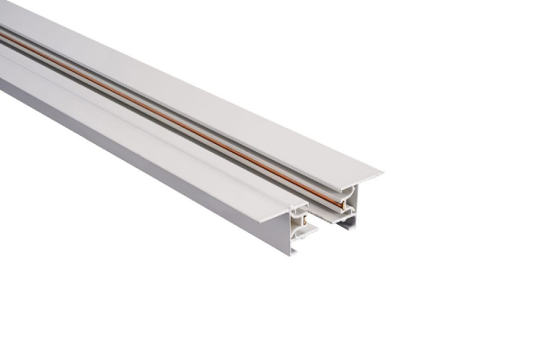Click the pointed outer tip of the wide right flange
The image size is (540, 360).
[x=381, y=171]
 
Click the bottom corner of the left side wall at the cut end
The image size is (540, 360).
[x=293, y=254]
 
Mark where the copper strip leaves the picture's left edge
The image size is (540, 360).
[x=2, y=37]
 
